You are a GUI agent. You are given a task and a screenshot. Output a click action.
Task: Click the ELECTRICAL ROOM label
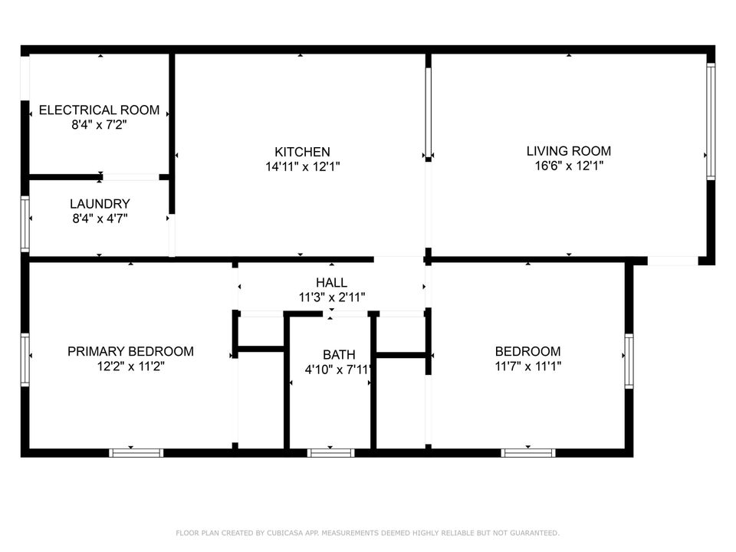pos(99,110)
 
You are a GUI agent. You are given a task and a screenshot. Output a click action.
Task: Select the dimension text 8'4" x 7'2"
pos(99,124)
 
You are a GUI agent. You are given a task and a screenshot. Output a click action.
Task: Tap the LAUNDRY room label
pos(99,204)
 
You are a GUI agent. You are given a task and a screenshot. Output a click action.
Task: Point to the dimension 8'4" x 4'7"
pos(99,218)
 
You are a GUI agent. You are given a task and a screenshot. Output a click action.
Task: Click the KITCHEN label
pos(302,152)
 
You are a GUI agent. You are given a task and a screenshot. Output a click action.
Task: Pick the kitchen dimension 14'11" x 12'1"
pos(302,166)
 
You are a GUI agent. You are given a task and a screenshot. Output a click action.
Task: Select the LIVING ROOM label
pos(568,151)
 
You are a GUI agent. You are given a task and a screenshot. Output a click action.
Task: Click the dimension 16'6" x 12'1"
pos(568,166)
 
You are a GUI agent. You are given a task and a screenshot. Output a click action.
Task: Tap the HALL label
pos(331,283)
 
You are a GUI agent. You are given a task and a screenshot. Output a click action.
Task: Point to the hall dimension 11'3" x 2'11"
pos(331,297)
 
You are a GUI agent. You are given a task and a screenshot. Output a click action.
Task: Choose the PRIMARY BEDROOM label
pos(130,352)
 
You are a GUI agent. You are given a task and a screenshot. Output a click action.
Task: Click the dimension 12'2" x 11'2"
pos(130,366)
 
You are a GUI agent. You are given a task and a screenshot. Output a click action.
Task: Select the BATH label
pos(338,355)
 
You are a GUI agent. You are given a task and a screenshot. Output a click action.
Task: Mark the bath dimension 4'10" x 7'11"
pos(338,370)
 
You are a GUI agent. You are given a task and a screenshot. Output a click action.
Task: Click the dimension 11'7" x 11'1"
pos(527,366)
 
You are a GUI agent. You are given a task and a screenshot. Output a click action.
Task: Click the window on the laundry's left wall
pos(25,224)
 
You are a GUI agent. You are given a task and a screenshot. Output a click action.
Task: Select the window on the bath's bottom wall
pos(330,453)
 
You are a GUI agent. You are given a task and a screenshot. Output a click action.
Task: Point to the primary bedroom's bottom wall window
pos(136,453)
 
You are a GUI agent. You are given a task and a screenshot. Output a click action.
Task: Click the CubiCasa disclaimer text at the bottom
pos(368,533)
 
